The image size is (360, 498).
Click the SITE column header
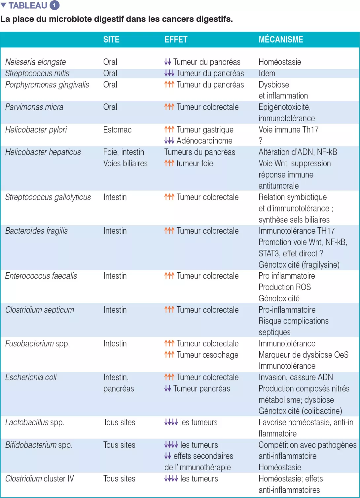point(111,40)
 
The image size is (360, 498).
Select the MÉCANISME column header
point(281,40)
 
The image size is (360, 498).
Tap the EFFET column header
point(176,40)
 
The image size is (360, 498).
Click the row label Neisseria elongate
point(35,62)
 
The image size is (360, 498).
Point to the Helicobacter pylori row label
point(36,130)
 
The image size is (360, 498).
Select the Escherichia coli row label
point(31,377)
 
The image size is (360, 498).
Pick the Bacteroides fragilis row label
point(36,231)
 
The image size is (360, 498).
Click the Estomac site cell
point(117,130)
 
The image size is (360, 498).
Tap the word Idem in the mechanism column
point(267,73)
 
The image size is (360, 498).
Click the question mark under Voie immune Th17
point(261,141)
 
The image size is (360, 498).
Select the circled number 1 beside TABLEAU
point(54,5)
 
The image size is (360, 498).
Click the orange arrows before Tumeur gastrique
point(169,130)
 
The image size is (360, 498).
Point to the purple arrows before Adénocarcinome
point(169,141)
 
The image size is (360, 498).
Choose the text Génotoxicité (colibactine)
point(300,411)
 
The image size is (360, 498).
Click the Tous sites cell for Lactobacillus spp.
point(119,422)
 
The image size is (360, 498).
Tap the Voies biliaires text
point(125,163)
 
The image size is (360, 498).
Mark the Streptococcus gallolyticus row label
point(48,197)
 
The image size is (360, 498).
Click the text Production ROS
point(285,287)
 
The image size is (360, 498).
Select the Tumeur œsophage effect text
point(207,355)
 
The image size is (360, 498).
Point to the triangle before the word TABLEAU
point(4,5)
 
